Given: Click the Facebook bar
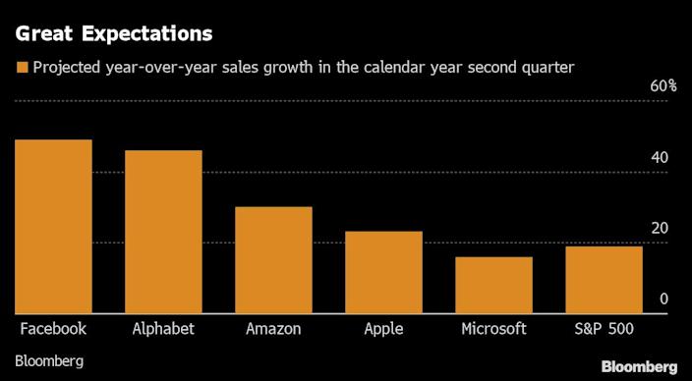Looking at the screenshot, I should pyautogui.click(x=53, y=227).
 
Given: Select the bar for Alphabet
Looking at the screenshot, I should pyautogui.click(x=163, y=233).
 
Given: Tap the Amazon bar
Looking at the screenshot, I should pyautogui.click(x=273, y=260).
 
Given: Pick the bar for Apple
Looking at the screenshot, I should pyautogui.click(x=383, y=273).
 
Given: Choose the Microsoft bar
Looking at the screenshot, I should pyautogui.click(x=493, y=286).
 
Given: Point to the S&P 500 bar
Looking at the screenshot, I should pyautogui.click(x=604, y=280).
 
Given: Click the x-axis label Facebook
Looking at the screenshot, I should pyautogui.click(x=53, y=329).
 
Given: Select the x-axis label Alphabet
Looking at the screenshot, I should pyautogui.click(x=163, y=329).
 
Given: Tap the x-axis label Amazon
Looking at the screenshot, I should pyautogui.click(x=273, y=329).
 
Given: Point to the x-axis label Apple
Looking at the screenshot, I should pyautogui.click(x=383, y=329).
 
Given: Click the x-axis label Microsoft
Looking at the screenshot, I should pyautogui.click(x=493, y=329).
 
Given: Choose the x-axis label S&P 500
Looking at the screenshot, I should pyautogui.click(x=604, y=329).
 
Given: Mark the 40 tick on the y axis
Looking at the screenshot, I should pyautogui.click(x=661, y=158).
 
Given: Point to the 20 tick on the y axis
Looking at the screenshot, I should pyautogui.click(x=661, y=229).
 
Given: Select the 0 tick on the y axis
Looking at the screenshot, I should pyautogui.click(x=664, y=299).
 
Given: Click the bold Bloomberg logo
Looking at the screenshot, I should pyautogui.click(x=639, y=365).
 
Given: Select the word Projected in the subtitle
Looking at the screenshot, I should pyautogui.click(x=65, y=68).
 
